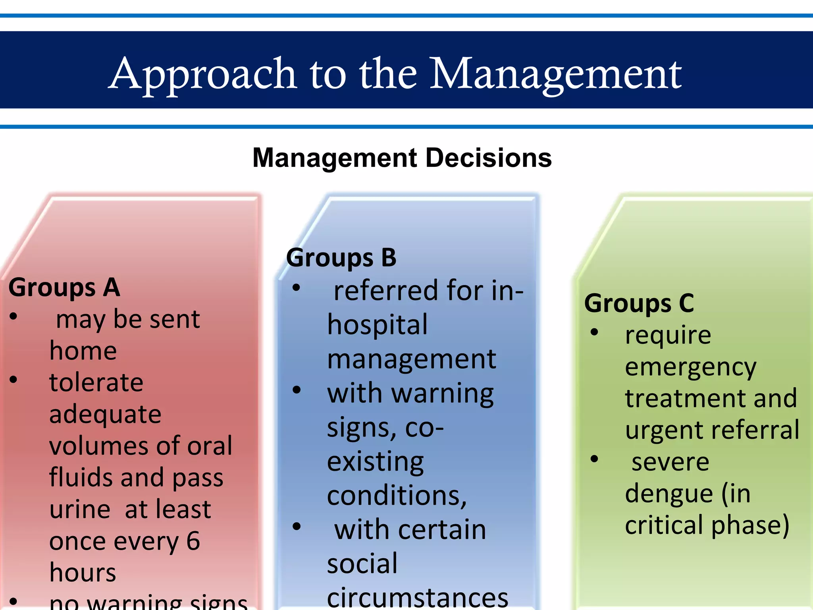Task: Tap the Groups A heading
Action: point(64,288)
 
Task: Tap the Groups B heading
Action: point(341,258)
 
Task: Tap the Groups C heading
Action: point(639,303)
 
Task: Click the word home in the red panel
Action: point(83,351)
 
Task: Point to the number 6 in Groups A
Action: point(193,541)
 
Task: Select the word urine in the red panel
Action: point(80,510)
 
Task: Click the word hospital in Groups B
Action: point(377,325)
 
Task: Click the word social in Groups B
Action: point(362,564)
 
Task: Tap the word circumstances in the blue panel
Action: point(417,598)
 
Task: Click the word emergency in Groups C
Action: point(690,367)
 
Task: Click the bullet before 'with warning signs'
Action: point(297,390)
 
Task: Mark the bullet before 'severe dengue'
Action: point(594,459)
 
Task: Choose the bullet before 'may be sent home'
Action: point(13,317)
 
